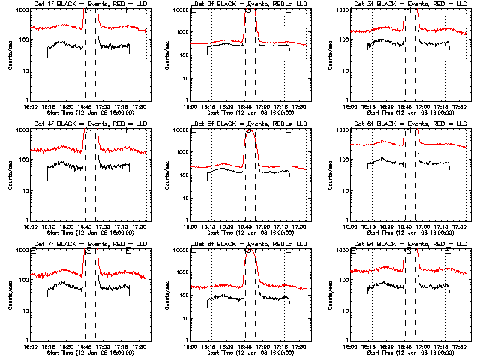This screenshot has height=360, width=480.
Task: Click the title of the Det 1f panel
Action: pyautogui.click(x=89, y=4)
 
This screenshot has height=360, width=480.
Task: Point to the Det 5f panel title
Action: pyautogui.click(x=248, y=124)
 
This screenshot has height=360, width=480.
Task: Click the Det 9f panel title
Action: pyautogui.click(x=409, y=244)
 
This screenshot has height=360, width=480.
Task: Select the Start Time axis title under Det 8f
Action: pyautogui.click(x=248, y=352)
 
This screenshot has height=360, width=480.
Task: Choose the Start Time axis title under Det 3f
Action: pyautogui.click(x=409, y=112)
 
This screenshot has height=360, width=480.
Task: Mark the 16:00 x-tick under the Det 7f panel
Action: pyautogui.click(x=31, y=346)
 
